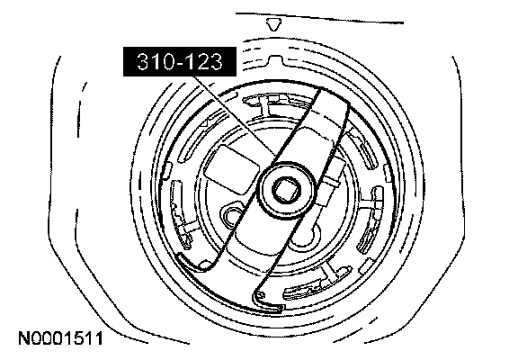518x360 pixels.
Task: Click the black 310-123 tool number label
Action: click(x=180, y=61)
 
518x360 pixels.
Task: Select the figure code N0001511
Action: click(x=60, y=338)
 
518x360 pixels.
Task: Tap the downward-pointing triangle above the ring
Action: click(x=274, y=25)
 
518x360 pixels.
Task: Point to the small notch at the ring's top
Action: click(x=275, y=59)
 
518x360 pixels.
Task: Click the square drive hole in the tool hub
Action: click(x=286, y=189)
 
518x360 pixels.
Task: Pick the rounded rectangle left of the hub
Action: click(x=232, y=169)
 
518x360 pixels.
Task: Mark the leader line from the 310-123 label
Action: click(x=235, y=116)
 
